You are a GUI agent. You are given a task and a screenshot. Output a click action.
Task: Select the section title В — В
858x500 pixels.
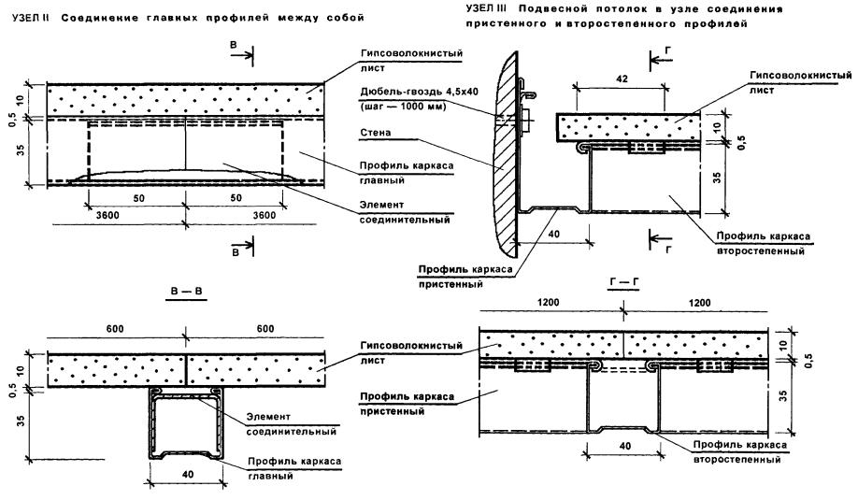pyautogui.click(x=185, y=292)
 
